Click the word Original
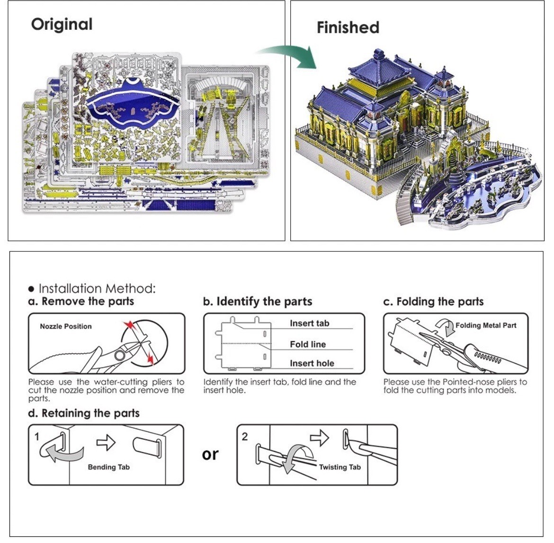click(62, 25)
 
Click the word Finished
click(348, 28)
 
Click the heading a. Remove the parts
click(81, 301)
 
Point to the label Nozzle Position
click(66, 326)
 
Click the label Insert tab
click(310, 323)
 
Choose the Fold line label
click(308, 344)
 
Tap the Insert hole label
click(312, 363)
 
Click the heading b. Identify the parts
click(258, 301)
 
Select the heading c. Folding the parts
click(434, 302)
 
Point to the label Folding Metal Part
click(486, 325)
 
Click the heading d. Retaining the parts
click(84, 413)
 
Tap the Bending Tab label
click(109, 467)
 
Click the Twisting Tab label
click(340, 467)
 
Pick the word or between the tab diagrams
click(210, 454)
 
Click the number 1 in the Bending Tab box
click(37, 437)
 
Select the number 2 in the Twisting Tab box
click(245, 437)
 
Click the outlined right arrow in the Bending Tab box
click(106, 442)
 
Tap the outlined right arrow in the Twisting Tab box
click(319, 438)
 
